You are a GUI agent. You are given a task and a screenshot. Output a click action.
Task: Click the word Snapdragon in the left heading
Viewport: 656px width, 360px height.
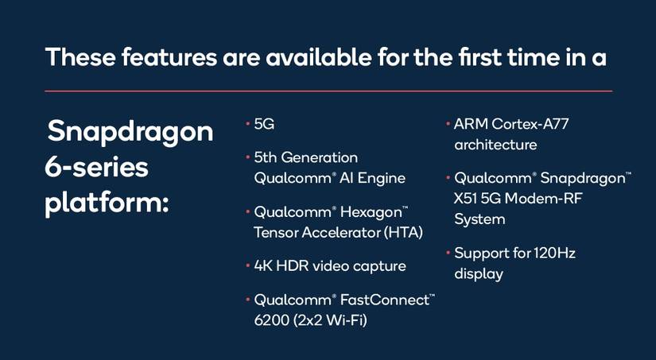tap(130, 132)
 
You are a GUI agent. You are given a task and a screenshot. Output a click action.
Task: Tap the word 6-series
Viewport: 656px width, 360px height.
tap(96, 168)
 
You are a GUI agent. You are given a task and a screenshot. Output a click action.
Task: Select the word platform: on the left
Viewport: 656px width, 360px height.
tap(107, 203)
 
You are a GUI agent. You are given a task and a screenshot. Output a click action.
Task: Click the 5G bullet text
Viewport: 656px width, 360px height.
tap(264, 124)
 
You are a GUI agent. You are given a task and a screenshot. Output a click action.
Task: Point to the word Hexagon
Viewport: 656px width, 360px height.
tap(371, 213)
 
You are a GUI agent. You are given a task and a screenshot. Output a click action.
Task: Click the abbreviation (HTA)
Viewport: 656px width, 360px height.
tap(403, 233)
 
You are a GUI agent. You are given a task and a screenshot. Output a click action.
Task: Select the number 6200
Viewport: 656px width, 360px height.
tap(272, 320)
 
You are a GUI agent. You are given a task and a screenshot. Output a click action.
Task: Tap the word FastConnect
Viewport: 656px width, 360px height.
tap(385, 300)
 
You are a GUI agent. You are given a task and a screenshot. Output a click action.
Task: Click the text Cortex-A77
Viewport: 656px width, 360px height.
tap(530, 124)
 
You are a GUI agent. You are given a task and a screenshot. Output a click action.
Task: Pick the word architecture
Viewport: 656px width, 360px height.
tap(495, 145)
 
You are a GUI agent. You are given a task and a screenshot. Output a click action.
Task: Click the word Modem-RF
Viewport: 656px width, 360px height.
tap(543, 199)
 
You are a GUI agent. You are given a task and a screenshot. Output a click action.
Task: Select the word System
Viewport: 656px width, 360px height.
tap(479, 220)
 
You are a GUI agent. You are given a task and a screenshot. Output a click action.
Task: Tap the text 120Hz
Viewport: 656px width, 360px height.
tap(554, 253)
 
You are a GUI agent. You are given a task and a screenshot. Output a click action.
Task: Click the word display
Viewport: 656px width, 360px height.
tap(479, 275)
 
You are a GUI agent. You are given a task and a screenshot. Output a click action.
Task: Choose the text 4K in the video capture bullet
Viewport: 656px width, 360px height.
tap(263, 266)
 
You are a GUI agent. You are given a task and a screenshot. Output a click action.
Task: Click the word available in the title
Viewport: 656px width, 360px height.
tap(318, 57)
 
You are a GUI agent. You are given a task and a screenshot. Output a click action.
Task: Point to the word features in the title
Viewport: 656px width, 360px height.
tap(169, 57)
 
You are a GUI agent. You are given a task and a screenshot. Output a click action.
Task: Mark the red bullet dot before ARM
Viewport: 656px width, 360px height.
tap(448, 123)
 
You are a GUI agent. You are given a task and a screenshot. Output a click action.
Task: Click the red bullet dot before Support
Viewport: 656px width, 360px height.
tap(448, 253)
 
